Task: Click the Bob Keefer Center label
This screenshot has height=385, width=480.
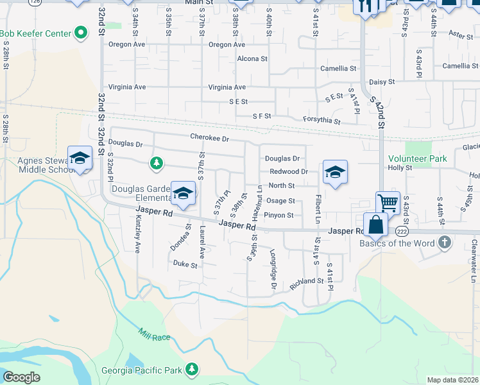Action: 35,32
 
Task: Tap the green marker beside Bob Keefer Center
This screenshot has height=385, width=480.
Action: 81,31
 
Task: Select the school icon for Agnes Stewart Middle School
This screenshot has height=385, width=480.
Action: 80,158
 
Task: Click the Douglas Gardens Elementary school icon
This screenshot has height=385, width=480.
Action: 184,192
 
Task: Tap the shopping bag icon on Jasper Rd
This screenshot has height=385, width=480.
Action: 376,225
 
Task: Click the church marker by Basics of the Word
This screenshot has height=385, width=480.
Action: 444,243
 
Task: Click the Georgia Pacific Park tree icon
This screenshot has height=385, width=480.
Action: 191,368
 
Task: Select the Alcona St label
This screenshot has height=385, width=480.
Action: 252,58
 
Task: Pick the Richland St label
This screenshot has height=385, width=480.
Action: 306,282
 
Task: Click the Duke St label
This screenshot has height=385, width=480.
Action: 184,263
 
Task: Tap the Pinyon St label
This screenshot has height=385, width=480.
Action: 279,216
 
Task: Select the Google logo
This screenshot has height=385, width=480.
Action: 21,377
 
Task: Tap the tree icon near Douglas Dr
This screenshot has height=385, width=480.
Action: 155,163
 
